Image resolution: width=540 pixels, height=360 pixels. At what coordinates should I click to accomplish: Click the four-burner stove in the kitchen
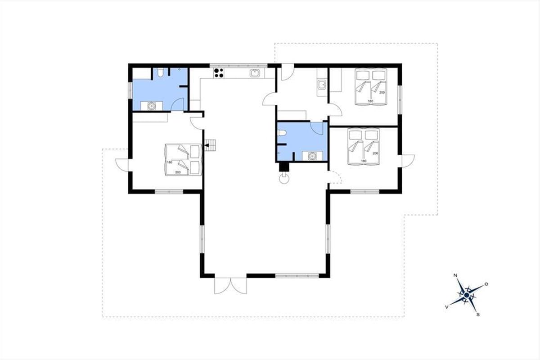(x=219, y=73)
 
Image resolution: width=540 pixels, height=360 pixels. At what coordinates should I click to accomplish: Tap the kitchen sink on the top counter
(x=254, y=73)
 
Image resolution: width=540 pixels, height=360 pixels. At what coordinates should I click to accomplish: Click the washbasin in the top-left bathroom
(x=151, y=106)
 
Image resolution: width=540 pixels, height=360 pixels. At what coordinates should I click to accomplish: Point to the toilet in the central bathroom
(x=282, y=133)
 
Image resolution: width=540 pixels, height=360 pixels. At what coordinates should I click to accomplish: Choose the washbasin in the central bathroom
(x=312, y=156)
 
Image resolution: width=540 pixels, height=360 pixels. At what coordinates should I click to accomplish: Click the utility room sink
(x=321, y=85)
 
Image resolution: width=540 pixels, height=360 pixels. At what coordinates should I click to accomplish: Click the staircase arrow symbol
(x=207, y=145)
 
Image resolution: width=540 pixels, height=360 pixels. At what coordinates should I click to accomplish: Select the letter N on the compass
(x=455, y=275)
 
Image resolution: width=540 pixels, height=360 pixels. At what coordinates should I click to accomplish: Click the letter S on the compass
(x=478, y=315)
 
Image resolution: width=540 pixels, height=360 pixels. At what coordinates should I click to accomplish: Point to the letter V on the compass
(x=447, y=307)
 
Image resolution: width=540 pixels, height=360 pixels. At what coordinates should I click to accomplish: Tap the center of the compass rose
(x=467, y=295)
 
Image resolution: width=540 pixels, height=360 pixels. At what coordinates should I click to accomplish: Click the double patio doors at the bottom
(x=231, y=286)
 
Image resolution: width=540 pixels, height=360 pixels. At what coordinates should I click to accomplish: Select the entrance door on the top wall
(x=288, y=72)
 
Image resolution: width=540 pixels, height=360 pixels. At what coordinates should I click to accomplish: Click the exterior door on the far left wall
(x=122, y=165)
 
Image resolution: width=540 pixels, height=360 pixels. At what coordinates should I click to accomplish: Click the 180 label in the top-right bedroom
(x=370, y=101)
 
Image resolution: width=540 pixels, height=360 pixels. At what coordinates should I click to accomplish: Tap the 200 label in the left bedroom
(x=178, y=172)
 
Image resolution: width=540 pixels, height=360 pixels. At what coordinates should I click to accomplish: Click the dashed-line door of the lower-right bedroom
(x=336, y=177)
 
